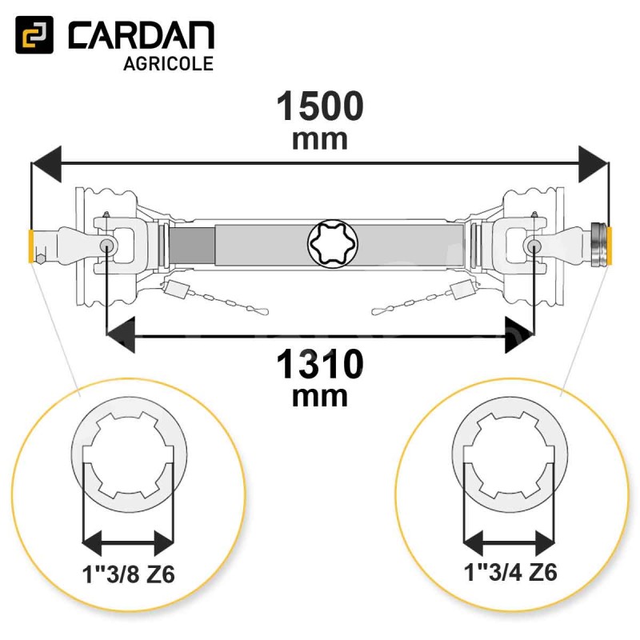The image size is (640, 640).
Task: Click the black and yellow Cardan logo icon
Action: (x=34, y=34)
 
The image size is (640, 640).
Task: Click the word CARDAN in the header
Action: (x=142, y=35)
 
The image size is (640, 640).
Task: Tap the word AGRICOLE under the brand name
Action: (x=168, y=64)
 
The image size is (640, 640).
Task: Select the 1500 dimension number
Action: (x=320, y=106)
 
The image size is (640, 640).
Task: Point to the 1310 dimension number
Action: (x=320, y=364)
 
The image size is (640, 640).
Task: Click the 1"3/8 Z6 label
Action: (x=129, y=574)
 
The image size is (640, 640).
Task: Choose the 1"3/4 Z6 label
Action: (x=510, y=572)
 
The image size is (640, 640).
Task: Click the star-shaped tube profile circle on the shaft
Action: (x=333, y=244)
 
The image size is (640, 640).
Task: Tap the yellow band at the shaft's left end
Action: (x=30, y=247)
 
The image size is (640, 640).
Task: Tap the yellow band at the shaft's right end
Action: (x=610, y=246)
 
